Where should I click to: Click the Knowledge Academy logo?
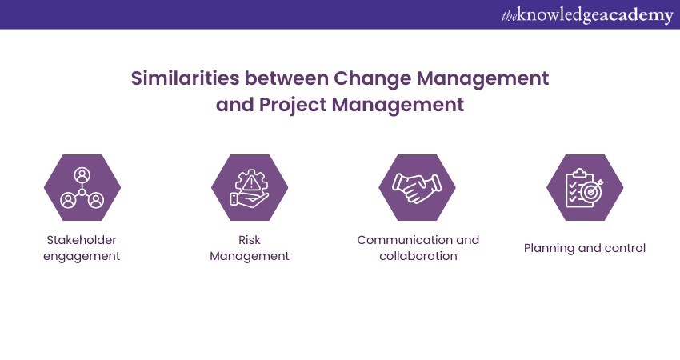click(x=587, y=16)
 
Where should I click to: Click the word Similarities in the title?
click(x=185, y=78)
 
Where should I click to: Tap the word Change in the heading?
click(x=372, y=79)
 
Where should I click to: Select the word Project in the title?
click(x=292, y=105)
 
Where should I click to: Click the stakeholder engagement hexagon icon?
click(x=82, y=187)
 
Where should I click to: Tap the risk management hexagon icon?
click(x=250, y=187)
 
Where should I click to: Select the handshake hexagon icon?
click(x=417, y=187)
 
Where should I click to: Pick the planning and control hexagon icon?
click(x=585, y=187)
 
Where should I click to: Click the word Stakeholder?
click(x=82, y=240)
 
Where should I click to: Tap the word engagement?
click(x=82, y=256)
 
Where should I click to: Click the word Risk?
click(x=250, y=240)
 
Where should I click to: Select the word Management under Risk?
click(x=250, y=256)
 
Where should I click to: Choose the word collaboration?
click(x=418, y=256)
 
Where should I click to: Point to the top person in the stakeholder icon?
click(x=82, y=175)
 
